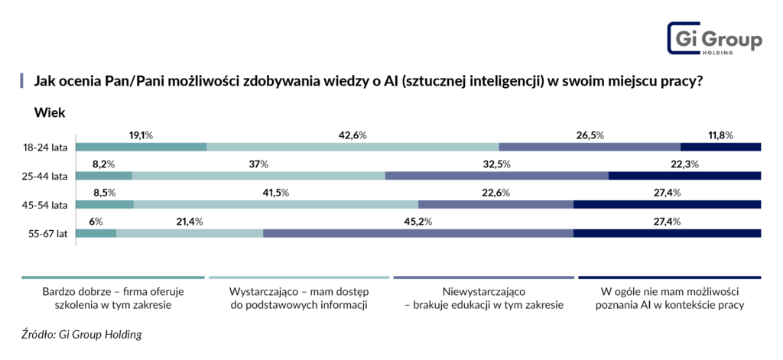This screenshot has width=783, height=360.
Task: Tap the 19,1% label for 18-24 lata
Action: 141,135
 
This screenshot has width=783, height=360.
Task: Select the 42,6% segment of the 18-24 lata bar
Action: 353,147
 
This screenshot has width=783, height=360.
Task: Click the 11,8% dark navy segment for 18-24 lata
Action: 720,147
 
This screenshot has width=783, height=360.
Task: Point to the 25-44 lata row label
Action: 47,176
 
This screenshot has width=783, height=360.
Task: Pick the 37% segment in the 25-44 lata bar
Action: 258,176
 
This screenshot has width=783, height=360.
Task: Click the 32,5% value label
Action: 497,164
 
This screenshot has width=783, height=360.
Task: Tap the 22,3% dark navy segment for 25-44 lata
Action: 684,176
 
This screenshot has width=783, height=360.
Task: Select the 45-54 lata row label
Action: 47,205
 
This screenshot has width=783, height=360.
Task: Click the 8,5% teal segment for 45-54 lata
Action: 105,205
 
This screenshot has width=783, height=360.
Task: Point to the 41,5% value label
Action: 275,193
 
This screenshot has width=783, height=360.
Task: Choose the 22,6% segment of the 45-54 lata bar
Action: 495,205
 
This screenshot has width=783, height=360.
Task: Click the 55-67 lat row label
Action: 49,233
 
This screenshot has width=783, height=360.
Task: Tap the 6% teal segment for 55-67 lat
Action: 96,233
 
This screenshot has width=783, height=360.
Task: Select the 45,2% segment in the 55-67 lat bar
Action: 418,233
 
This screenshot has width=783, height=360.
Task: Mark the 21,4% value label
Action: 189,222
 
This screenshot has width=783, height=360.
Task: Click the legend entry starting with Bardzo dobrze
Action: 112,298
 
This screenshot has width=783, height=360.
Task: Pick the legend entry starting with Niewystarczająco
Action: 484,298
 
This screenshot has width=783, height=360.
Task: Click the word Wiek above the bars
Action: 49,113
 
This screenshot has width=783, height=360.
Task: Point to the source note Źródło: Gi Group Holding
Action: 82,334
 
